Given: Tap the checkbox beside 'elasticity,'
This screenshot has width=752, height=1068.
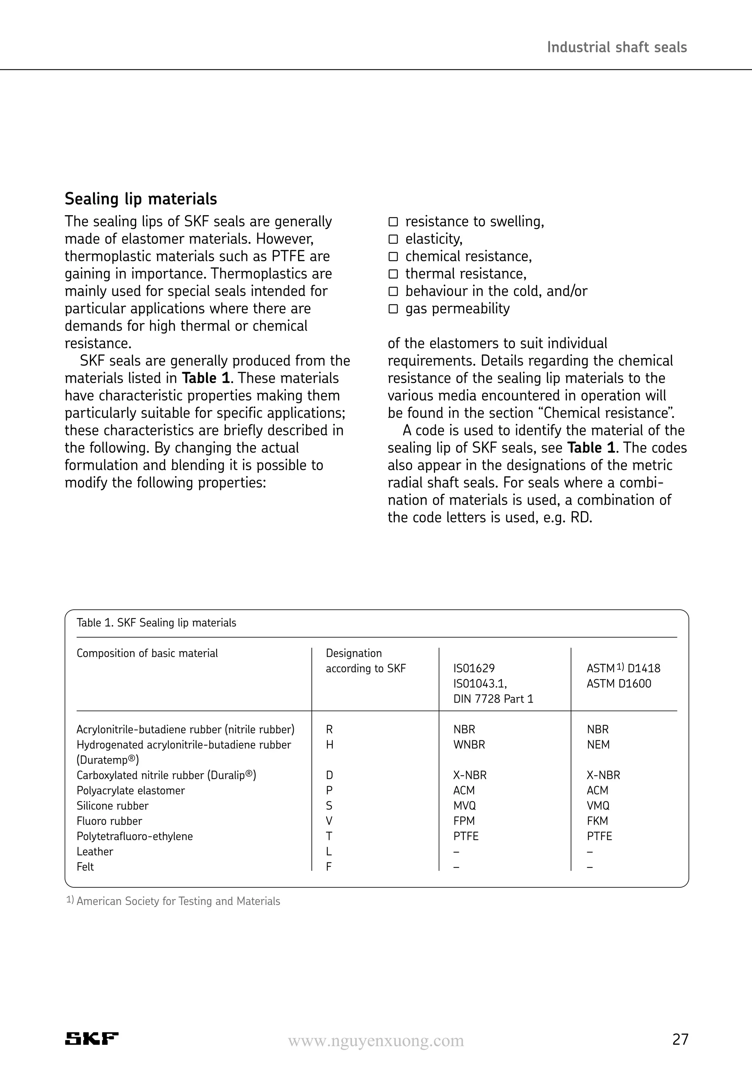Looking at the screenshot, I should [393, 239].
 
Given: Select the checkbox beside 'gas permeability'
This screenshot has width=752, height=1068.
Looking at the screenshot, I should [393, 309].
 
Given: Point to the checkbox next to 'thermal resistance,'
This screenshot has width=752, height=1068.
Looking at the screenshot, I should [393, 274].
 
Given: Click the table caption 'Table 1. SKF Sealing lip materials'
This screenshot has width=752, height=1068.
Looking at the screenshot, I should [156, 623].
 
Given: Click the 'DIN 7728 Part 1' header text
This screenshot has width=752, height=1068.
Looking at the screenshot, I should [493, 699].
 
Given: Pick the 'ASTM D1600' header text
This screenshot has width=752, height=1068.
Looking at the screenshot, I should [619, 683].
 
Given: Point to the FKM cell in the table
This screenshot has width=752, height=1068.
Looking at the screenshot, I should [597, 820].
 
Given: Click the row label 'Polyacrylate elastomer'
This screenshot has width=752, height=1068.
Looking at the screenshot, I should [131, 790].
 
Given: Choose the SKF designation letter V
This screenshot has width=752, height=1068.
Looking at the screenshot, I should [329, 820].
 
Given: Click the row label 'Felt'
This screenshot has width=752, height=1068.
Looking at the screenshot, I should [85, 867].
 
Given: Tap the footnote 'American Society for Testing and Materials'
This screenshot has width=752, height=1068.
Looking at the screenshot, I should [178, 901].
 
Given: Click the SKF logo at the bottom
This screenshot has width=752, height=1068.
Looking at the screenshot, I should [92, 1038].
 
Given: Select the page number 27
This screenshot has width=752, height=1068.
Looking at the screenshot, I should [680, 1039].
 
